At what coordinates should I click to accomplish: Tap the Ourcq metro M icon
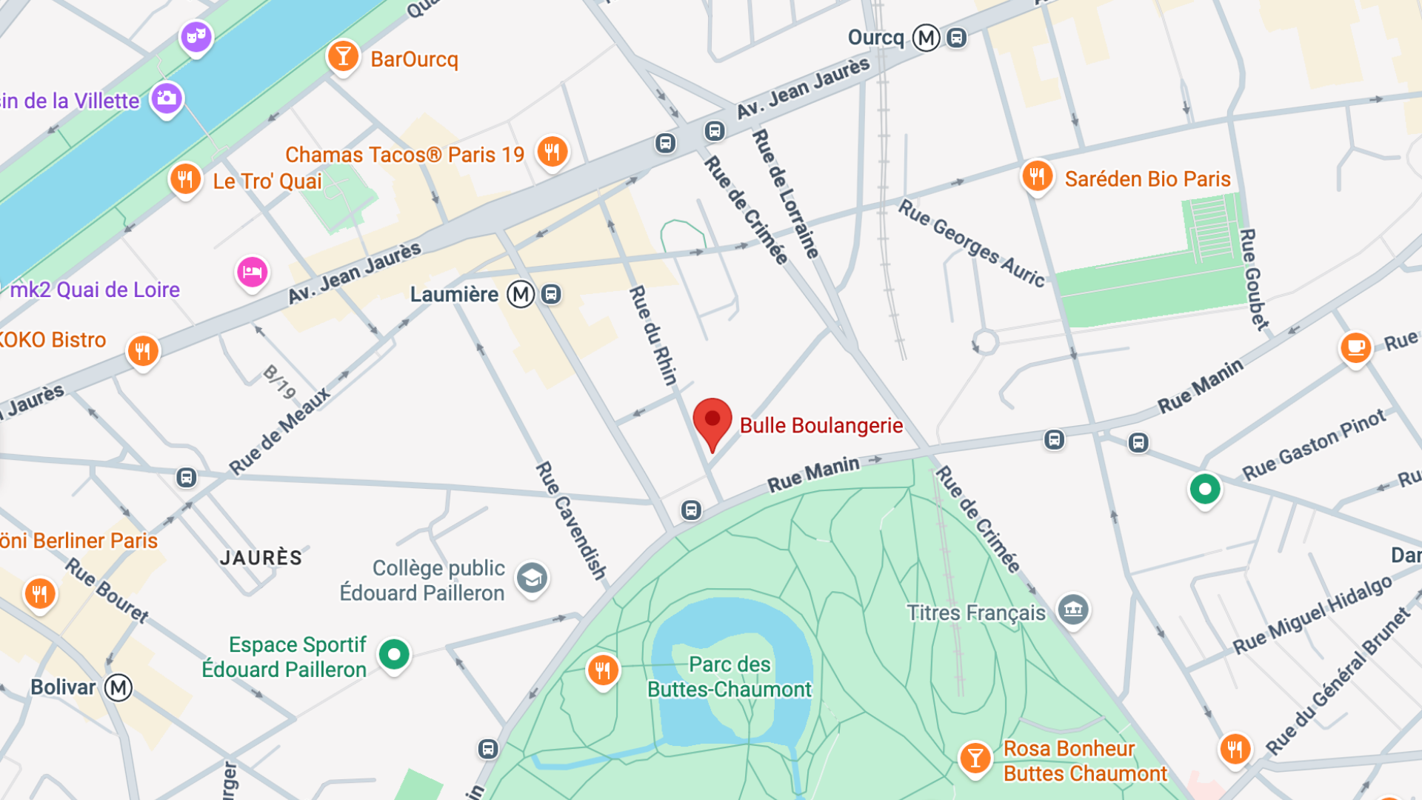coord(926,38)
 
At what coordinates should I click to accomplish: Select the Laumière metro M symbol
coord(521,294)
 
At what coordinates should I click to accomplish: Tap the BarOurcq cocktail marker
coord(343,56)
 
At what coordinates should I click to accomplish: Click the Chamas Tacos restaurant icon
coord(552,153)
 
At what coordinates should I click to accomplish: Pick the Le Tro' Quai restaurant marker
coord(185,179)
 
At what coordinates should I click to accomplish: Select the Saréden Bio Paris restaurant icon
coord(1037,176)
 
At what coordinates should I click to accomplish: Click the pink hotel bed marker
coord(252,272)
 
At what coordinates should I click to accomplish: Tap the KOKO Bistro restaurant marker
coord(143,350)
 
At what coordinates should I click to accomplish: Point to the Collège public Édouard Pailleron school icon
coord(532,578)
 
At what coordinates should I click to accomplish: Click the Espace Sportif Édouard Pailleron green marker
coord(394,654)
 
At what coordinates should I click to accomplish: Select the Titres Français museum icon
coord(1072,610)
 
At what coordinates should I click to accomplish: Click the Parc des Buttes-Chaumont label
coord(730,677)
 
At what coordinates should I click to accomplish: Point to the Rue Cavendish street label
coord(571,520)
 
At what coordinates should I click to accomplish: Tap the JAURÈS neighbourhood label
coord(261,558)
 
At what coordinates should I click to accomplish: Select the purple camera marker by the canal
coord(167,98)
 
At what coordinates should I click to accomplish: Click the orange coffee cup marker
coord(1355,347)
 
